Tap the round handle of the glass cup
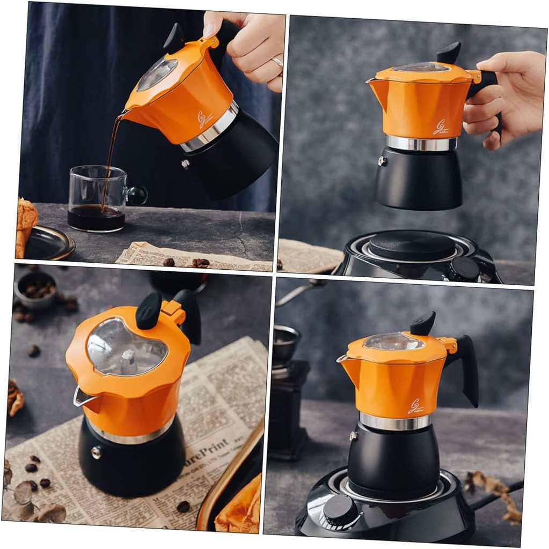(137, 195)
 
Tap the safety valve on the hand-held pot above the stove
(382, 161)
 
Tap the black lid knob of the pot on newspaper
(149, 311)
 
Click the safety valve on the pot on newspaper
(96, 452)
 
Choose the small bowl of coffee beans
(35, 290)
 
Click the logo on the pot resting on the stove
(415, 406)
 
